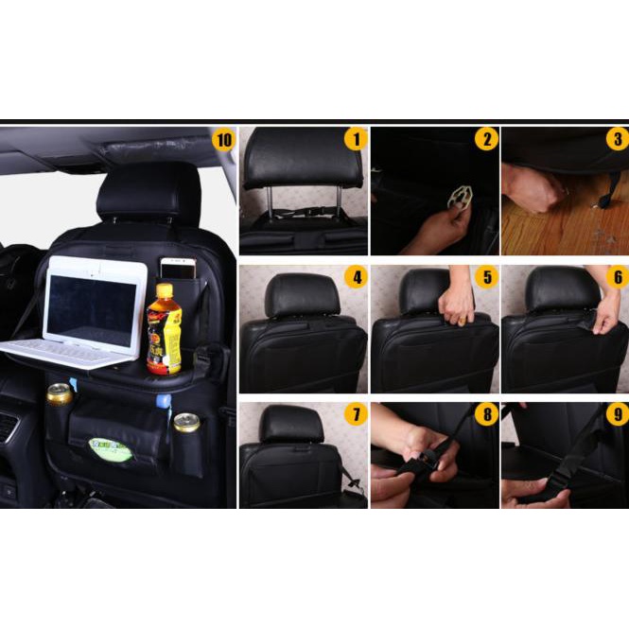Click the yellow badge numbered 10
[x=223, y=141]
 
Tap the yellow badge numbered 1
[x=356, y=140]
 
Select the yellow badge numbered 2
[x=486, y=140]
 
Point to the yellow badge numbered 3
[x=617, y=140]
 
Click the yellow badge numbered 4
[x=356, y=278]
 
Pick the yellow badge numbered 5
[x=486, y=278]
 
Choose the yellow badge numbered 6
[x=617, y=278]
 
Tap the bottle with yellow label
[x=164, y=331]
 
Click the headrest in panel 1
[x=303, y=159]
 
